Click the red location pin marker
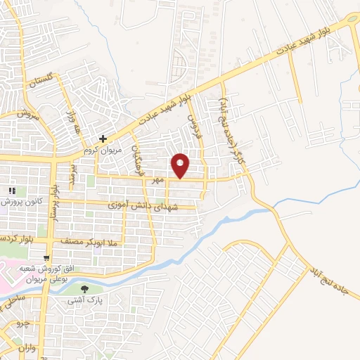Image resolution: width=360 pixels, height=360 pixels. (x=181, y=165)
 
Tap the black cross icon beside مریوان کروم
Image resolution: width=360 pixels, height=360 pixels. (x=103, y=139)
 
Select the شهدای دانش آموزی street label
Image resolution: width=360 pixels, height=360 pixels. (x=149, y=206)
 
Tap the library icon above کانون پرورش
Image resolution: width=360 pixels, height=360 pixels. (x=11, y=191)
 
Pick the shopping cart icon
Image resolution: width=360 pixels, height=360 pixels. (x=46, y=258)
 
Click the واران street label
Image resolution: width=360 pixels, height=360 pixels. (x=28, y=348)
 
